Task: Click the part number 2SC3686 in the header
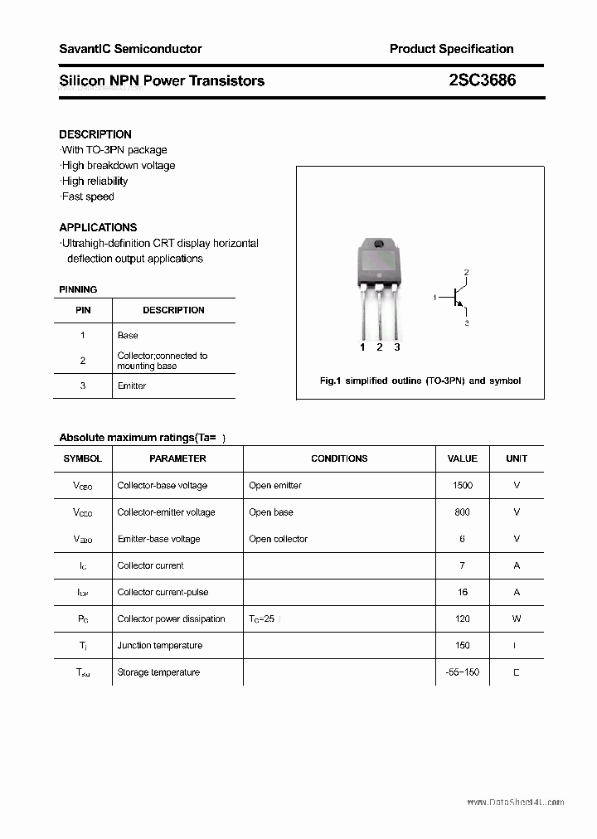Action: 482,80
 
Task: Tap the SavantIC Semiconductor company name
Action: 130,49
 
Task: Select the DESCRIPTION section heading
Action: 95,134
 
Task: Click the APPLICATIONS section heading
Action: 98,227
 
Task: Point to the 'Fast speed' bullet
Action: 87,196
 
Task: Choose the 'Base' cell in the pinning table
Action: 128,335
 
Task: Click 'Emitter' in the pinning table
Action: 132,386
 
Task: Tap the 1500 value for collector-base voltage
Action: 463,485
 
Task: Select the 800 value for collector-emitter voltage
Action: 463,512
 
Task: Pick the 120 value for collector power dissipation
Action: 463,618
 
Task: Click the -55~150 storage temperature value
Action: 463,672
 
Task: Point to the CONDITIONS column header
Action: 339,458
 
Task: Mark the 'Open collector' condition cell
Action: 278,539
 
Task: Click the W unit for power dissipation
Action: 517,618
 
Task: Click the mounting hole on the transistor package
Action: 379,245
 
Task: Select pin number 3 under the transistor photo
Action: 397,347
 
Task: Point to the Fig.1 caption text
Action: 420,381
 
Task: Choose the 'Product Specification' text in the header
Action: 451,49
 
